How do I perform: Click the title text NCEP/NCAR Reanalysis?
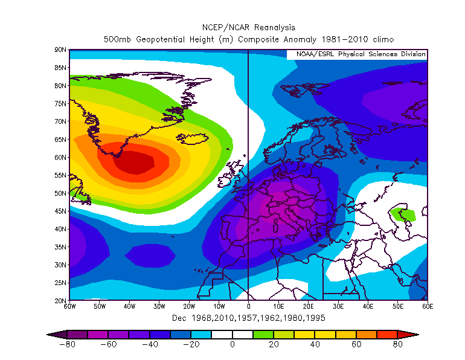coord(248,27)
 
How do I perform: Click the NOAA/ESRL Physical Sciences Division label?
coord(361,54)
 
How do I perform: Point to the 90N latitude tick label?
coord(60,50)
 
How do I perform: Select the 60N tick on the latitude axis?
coord(60,157)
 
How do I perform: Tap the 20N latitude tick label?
coord(60,300)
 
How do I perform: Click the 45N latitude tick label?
coord(60,211)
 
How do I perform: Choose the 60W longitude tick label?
coord(69,307)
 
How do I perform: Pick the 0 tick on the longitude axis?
coord(249,307)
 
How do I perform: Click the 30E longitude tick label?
coord(338,307)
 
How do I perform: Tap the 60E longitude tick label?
coord(428,307)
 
